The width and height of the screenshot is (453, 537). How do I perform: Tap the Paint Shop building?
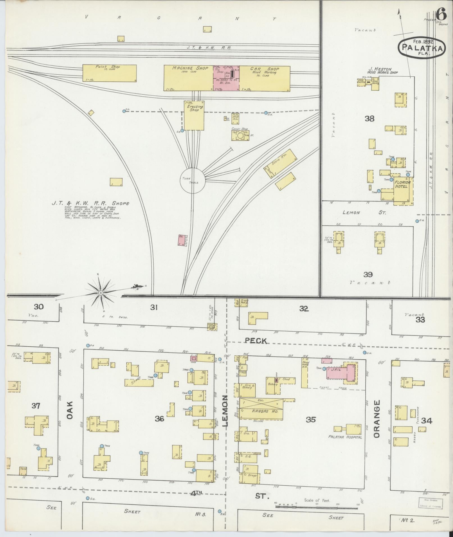click(110, 73)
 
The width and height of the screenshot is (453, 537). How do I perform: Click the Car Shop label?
click(265, 69)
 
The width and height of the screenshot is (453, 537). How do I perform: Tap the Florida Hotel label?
click(403, 184)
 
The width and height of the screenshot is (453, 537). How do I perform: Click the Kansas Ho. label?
click(261, 411)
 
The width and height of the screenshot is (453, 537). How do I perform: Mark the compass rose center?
click(100, 293)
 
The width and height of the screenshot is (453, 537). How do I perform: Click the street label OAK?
click(70, 410)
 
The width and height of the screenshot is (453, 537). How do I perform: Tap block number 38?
click(369, 119)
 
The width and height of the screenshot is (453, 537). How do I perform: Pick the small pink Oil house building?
click(182, 240)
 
